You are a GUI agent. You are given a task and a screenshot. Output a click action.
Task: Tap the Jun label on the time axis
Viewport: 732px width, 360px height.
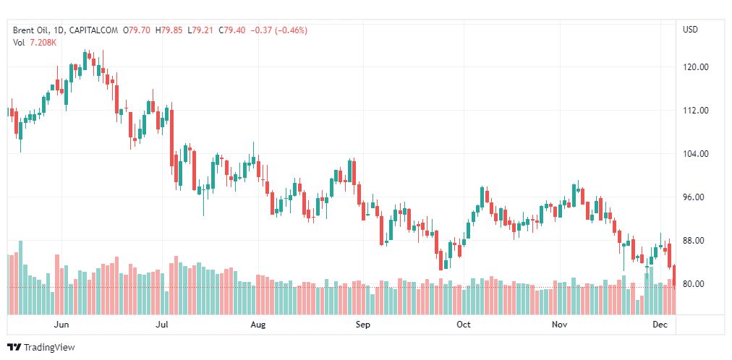pyautogui.click(x=62, y=325)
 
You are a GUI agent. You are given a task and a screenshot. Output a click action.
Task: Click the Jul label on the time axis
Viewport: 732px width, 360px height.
pyautogui.click(x=163, y=325)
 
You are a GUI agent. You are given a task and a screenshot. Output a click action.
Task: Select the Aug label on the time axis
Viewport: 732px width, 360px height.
pyautogui.click(x=258, y=325)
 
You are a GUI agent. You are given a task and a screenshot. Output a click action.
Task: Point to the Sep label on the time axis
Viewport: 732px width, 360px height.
pyautogui.click(x=363, y=325)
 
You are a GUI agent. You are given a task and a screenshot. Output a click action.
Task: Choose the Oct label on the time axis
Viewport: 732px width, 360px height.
pyautogui.click(x=464, y=325)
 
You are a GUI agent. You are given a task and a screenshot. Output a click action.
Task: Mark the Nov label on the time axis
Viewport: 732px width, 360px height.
pyautogui.click(x=559, y=325)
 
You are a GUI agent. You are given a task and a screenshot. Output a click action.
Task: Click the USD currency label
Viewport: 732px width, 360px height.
pyautogui.click(x=691, y=30)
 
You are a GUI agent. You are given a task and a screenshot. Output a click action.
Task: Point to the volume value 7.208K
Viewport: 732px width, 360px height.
pyautogui.click(x=43, y=43)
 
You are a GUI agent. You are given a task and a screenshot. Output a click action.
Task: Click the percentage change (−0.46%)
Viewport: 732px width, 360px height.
pyautogui.click(x=289, y=30)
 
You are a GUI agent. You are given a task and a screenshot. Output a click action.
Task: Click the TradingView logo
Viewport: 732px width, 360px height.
pyautogui.click(x=41, y=348)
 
